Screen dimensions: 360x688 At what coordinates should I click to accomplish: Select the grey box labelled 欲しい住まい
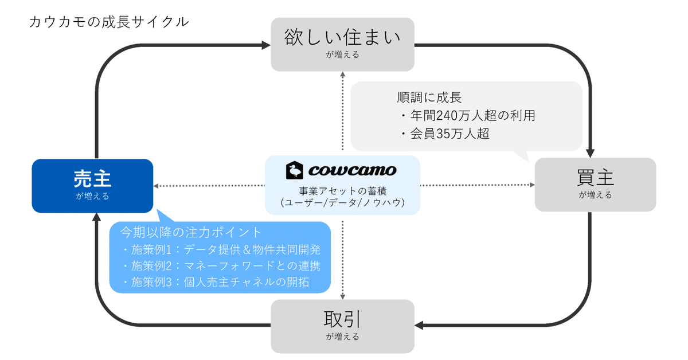342,45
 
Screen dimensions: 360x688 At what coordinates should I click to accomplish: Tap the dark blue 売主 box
92,185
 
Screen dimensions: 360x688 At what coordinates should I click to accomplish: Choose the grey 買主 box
595,185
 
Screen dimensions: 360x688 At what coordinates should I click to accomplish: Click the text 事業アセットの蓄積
343,191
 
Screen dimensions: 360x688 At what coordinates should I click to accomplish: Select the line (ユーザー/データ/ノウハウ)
343,202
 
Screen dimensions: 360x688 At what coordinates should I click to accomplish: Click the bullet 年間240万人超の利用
468,115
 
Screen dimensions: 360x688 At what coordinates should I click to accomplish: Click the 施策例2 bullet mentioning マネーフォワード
221,266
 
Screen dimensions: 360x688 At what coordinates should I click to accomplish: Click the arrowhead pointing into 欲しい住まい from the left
265,45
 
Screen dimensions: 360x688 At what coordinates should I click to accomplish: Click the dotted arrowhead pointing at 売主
157,185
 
